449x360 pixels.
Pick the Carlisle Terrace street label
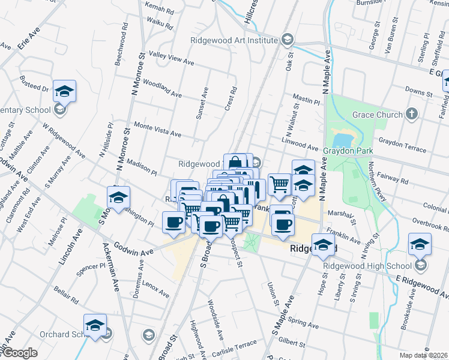233,347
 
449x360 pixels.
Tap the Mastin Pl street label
306,98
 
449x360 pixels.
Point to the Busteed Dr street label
34,83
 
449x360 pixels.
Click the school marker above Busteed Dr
64,91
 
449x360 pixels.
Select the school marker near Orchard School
95,325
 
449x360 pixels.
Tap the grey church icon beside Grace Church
411,114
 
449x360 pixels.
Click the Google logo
19,353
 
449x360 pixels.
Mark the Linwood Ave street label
300,143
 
